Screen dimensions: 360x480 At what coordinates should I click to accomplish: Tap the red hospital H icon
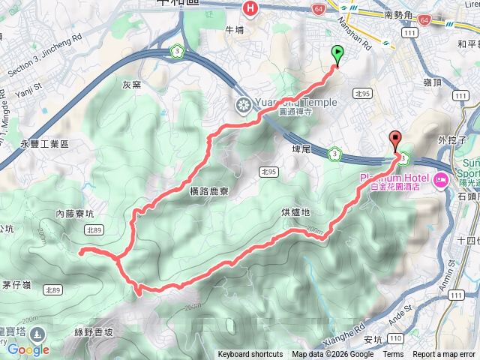point(250,8)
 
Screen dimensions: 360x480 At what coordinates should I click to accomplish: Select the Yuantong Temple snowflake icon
point(243,103)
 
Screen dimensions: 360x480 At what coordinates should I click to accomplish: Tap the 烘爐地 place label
point(295,212)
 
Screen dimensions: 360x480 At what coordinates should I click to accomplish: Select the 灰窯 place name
point(132,85)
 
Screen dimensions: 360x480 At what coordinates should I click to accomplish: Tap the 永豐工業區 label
point(44,143)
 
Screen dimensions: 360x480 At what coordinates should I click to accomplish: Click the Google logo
point(28,349)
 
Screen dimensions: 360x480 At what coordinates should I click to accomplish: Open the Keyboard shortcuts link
point(250,355)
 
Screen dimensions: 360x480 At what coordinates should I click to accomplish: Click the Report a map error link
point(445,355)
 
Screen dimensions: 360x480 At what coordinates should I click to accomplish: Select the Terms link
point(393,355)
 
